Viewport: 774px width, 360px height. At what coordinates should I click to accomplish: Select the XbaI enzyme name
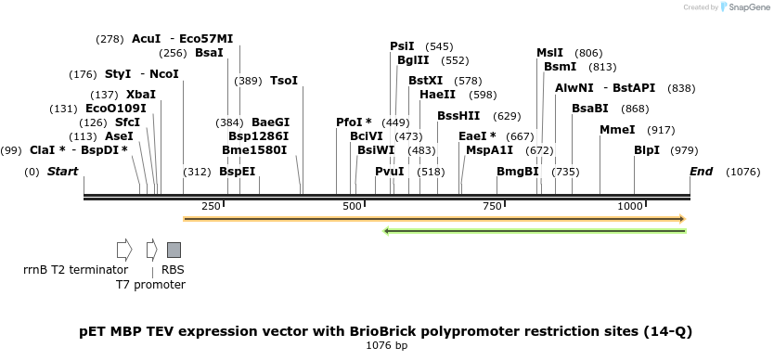click(x=141, y=95)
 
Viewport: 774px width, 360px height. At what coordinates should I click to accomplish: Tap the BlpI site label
click(x=647, y=150)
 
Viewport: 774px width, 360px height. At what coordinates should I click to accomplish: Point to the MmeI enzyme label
click(x=617, y=130)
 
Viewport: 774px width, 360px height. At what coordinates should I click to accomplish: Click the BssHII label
click(x=458, y=116)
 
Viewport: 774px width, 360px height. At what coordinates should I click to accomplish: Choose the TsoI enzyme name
click(x=284, y=81)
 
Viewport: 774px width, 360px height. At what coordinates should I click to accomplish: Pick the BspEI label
click(x=238, y=172)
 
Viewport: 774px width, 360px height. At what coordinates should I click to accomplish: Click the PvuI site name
click(x=390, y=172)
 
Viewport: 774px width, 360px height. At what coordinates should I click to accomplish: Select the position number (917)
click(x=661, y=131)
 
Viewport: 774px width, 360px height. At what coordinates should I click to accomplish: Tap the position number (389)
click(x=248, y=81)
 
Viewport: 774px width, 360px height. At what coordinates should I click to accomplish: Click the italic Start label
click(x=63, y=172)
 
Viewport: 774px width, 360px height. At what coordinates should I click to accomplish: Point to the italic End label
click(x=701, y=172)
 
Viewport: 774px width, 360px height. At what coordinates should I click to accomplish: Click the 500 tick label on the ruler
click(x=353, y=206)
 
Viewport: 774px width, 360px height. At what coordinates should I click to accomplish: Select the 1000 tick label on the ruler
click(x=630, y=206)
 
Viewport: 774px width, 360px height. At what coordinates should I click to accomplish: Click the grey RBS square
click(x=174, y=250)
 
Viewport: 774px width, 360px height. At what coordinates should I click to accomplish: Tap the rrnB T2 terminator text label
click(x=75, y=270)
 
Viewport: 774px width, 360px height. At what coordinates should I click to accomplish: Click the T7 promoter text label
click(x=150, y=285)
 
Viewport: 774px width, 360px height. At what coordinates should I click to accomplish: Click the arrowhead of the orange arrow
click(x=683, y=219)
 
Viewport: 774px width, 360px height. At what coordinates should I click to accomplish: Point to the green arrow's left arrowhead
click(x=386, y=231)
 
